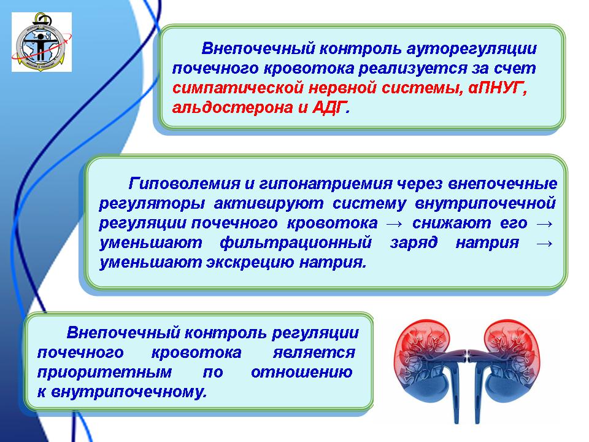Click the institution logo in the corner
(x=42, y=42)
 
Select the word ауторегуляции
(x=472, y=49)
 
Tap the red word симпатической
(x=238, y=88)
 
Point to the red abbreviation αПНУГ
(x=498, y=88)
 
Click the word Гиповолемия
(x=184, y=184)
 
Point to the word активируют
(x=269, y=203)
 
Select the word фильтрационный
(x=296, y=243)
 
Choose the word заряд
(x=414, y=243)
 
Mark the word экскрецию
(x=250, y=262)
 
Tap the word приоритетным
(x=104, y=373)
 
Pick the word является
(x=314, y=353)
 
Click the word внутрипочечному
(x=128, y=392)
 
